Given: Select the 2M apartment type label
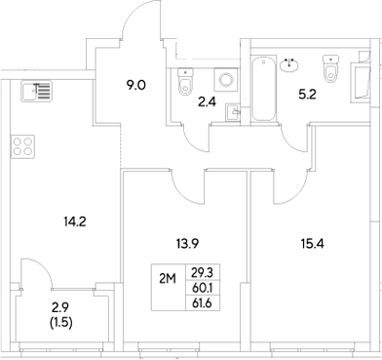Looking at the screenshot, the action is (x=167, y=278).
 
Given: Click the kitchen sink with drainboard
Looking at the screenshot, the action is (x=35, y=93).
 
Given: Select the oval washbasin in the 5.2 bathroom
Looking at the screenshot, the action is (x=290, y=64).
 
